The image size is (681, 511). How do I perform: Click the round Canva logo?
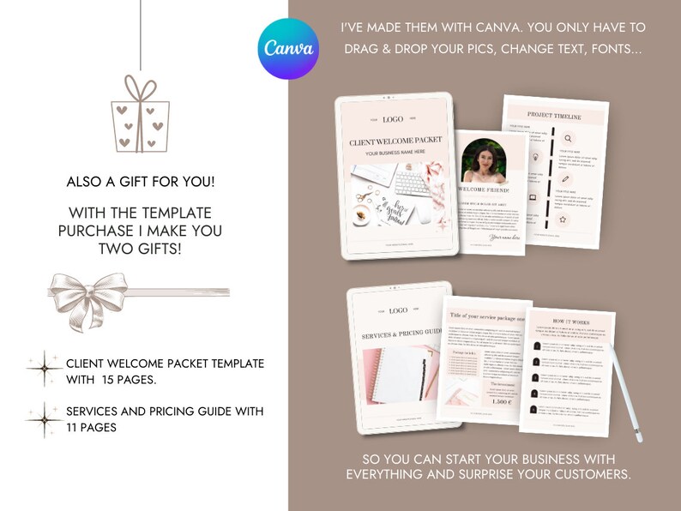point(288,49)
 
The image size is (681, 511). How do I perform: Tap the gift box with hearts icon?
point(140,116)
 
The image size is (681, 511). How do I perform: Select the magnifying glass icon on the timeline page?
point(568,138)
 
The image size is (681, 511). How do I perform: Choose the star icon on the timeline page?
point(563,219)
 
